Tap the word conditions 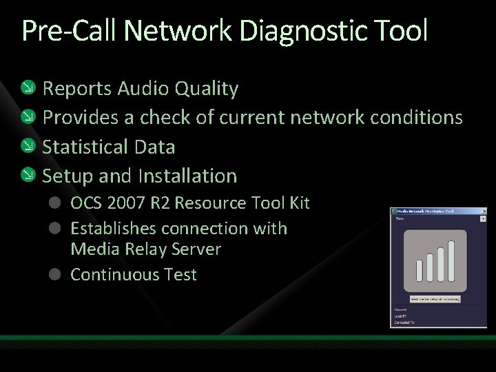[417, 118]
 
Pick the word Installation [187, 176]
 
